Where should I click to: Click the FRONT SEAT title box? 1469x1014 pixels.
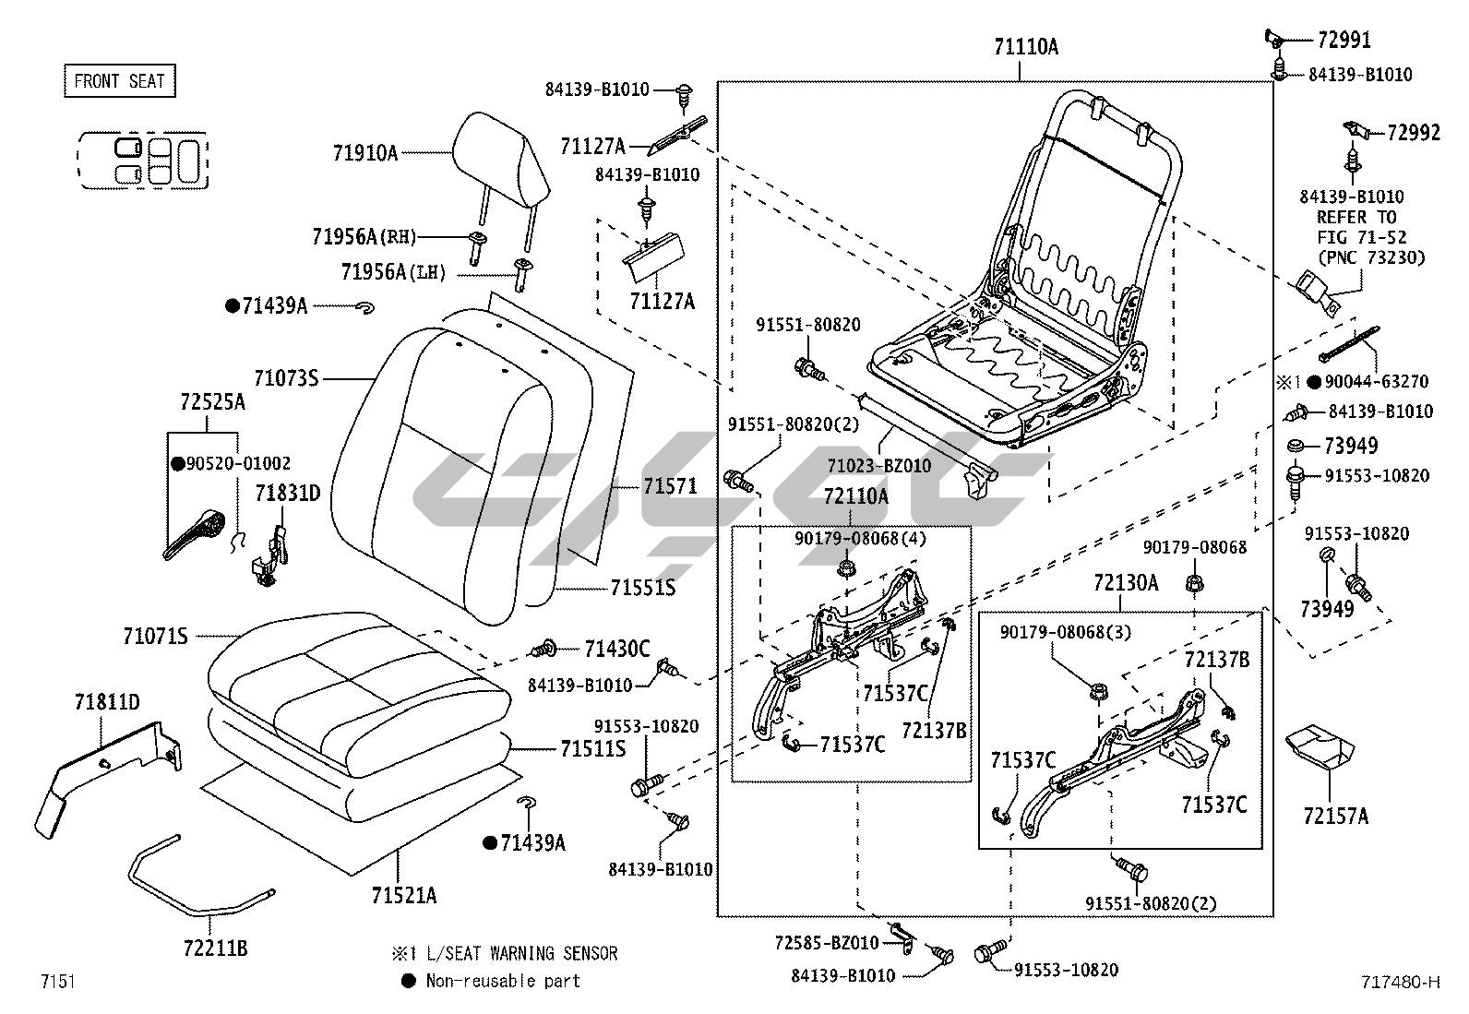[x=119, y=81]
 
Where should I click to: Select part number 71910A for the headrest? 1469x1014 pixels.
[x=365, y=153]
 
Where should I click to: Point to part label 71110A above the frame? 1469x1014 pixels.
[x=1025, y=48]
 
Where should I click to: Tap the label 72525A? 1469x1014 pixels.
[x=212, y=402]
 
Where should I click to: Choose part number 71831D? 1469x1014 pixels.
[x=288, y=494]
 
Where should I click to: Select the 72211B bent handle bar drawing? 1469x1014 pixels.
[x=194, y=881]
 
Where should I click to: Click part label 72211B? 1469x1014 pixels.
[x=215, y=947]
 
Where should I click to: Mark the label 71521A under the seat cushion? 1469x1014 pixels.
[x=404, y=895]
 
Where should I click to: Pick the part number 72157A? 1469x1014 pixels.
[x=1335, y=816]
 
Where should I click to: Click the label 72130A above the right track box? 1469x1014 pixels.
[x=1125, y=583]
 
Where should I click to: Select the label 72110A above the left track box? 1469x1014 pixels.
[x=855, y=496]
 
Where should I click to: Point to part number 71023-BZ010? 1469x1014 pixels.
[x=878, y=467]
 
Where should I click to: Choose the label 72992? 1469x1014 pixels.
[x=1413, y=133]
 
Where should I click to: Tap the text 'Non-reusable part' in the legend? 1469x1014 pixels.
[x=503, y=981]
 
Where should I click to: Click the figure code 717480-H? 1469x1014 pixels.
[x=1398, y=983]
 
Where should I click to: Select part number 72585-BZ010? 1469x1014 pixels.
[x=826, y=942]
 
